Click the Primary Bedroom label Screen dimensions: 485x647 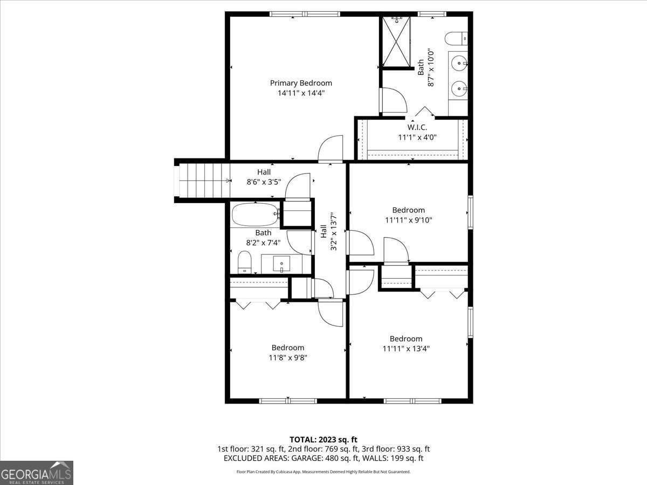[x=301, y=83]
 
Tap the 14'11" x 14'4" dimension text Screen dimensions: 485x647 [x=301, y=93]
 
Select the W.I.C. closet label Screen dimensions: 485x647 [x=417, y=128]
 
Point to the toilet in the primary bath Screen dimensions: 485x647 [x=456, y=39]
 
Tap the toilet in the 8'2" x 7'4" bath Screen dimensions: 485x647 [x=245, y=262]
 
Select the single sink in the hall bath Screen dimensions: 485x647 [x=281, y=265]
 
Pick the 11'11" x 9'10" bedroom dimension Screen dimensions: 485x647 [x=408, y=220]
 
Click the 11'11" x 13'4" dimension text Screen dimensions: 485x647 [x=406, y=348]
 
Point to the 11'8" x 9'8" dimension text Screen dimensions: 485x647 [x=287, y=357]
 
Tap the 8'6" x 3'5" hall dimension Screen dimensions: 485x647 [x=264, y=182]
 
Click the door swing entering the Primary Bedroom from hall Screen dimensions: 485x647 [x=331, y=149]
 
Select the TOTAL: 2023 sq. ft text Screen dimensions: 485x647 [x=323, y=439]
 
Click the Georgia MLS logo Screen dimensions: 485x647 [x=36, y=473]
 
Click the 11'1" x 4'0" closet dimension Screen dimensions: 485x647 [x=417, y=137]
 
